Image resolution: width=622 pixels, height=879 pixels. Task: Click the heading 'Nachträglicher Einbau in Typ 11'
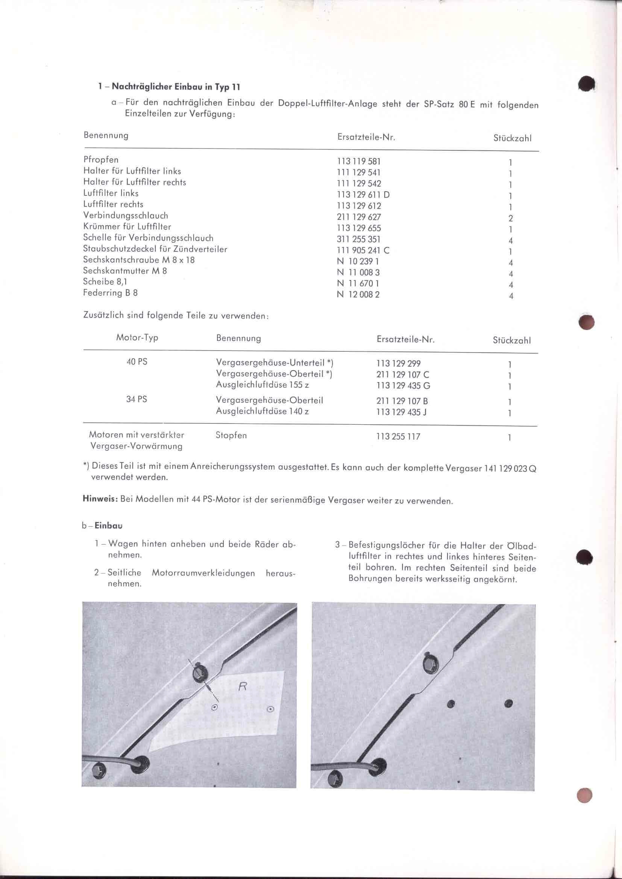tap(176, 86)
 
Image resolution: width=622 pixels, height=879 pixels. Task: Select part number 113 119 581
tap(358, 162)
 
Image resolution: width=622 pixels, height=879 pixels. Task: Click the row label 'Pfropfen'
tap(101, 160)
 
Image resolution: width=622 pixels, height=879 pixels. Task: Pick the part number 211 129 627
tap(358, 217)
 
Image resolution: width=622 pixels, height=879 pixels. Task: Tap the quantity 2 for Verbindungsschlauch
tap(511, 218)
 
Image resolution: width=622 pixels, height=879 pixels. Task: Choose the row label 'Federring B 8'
tap(110, 293)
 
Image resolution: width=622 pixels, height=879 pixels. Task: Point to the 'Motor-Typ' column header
tap(137, 338)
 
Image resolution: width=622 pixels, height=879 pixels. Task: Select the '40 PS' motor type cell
tap(137, 362)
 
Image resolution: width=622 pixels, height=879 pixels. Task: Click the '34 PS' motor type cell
tap(137, 399)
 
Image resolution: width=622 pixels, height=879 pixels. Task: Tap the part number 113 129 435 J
tap(401, 412)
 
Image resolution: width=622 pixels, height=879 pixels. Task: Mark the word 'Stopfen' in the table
tap(231, 435)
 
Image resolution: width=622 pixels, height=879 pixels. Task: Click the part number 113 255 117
tap(398, 436)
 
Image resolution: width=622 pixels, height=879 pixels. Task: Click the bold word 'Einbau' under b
tap(108, 526)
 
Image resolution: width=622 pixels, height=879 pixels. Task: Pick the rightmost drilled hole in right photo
tap(509, 704)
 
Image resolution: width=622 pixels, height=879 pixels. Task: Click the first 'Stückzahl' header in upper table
tap(512, 138)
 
